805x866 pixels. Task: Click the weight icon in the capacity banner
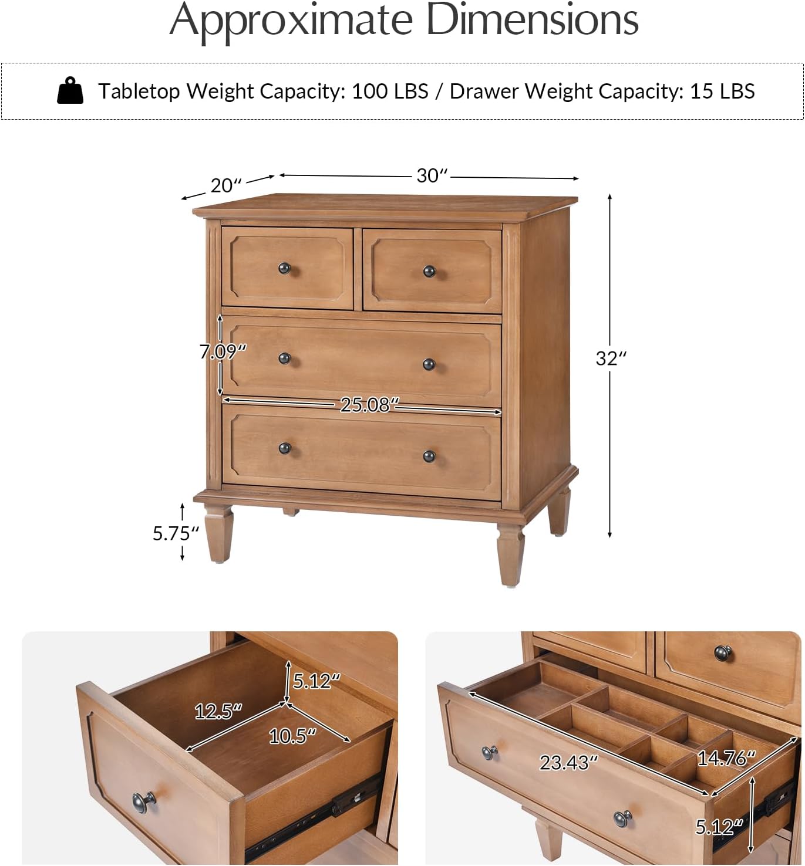(x=70, y=91)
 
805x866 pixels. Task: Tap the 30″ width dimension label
(x=432, y=175)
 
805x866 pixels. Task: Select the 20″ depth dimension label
(x=226, y=185)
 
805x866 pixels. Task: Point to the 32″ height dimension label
(x=611, y=358)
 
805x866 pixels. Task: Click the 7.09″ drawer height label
(x=222, y=351)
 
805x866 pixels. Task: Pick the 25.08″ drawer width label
(x=369, y=404)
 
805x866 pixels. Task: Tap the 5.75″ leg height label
(x=176, y=533)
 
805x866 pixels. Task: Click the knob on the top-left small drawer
(x=285, y=269)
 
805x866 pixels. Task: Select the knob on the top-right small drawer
(x=429, y=271)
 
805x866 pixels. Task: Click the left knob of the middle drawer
(x=285, y=358)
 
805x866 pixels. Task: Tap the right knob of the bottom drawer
(x=429, y=456)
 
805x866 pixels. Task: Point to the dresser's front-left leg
(x=218, y=534)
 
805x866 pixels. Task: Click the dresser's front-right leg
(x=510, y=554)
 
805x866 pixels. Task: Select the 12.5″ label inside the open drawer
(x=218, y=711)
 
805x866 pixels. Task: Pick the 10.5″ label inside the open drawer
(x=292, y=735)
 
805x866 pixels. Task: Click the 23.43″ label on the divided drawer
(x=568, y=762)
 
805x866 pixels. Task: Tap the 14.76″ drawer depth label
(x=726, y=758)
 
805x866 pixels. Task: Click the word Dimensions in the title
(x=532, y=20)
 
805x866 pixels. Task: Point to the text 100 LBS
(x=390, y=91)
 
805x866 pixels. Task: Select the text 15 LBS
(x=722, y=91)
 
